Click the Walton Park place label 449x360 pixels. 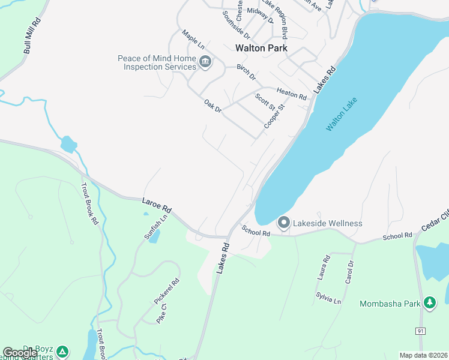261,48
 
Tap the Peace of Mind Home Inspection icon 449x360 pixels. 205,62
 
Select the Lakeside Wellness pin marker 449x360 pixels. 284,223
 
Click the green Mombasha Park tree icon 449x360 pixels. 430,303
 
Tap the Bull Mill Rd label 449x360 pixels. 32,37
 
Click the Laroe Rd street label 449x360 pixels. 157,205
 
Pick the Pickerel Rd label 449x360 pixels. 166,290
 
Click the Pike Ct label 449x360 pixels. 161,315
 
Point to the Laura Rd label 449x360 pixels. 325,268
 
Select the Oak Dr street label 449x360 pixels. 213,106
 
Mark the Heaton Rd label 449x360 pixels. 292,93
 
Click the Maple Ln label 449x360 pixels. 193,40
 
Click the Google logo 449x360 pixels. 19,353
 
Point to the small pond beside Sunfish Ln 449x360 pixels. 154,236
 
